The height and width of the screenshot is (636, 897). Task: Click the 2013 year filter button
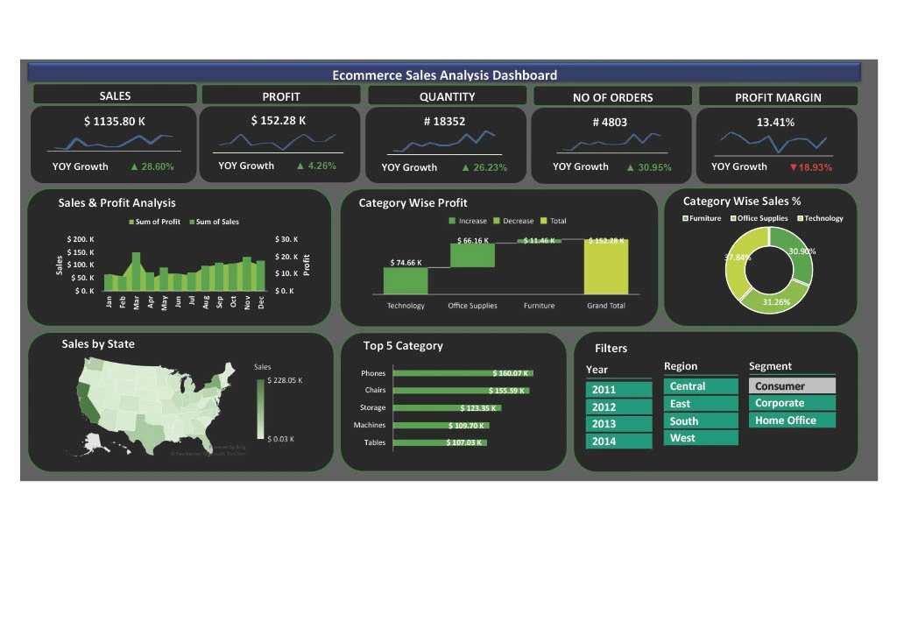(618, 424)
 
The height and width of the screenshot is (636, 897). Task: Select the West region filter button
(700, 438)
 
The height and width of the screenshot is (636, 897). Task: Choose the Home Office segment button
(791, 420)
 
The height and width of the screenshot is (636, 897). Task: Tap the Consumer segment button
(791, 386)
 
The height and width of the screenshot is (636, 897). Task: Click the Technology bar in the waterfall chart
(406, 280)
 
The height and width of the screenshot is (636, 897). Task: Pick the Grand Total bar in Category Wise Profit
(606, 266)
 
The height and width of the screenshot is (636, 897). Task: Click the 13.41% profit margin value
(775, 123)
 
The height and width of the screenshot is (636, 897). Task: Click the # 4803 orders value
(610, 123)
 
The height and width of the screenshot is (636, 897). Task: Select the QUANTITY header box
(447, 96)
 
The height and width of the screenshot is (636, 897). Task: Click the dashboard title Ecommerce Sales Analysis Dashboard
(444, 75)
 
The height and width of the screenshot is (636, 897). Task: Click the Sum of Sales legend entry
(213, 222)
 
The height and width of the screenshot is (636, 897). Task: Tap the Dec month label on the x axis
(261, 302)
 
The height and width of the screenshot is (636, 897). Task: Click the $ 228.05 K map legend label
(286, 381)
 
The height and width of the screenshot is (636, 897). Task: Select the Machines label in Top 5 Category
(369, 425)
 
